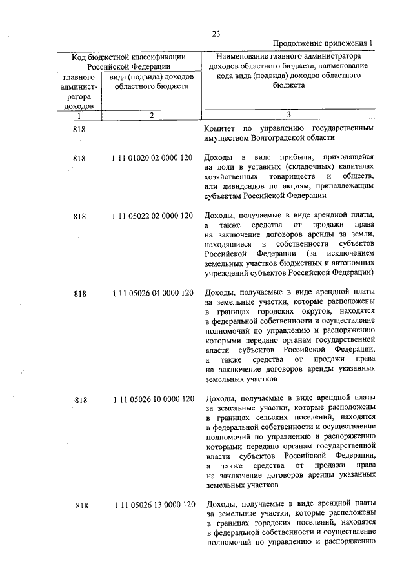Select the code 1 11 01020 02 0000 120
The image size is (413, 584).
click(152, 158)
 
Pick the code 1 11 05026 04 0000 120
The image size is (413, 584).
click(152, 294)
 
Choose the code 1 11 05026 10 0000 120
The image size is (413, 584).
click(152, 399)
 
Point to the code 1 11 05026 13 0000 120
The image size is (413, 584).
click(152, 505)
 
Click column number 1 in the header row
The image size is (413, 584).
click(79, 116)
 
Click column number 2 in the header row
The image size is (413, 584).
click(150, 116)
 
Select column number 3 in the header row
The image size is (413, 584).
click(288, 116)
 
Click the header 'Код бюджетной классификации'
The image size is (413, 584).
click(128, 57)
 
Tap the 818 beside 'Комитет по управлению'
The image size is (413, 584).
click(80, 129)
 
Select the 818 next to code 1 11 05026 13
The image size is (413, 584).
click(80, 505)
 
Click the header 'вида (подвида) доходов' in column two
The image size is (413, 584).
click(150, 77)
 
